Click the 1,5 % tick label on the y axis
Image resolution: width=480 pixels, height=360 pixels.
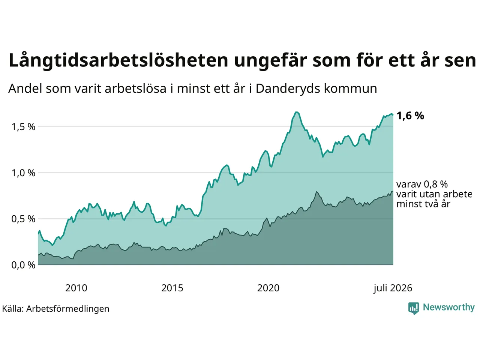(23, 127)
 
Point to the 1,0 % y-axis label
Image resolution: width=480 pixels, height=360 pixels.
(23, 173)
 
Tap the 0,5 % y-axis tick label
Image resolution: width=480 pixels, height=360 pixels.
(23, 219)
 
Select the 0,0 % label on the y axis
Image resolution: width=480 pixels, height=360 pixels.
(23, 265)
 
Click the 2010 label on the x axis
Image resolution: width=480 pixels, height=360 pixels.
(76, 288)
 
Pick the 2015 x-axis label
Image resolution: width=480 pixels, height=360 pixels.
(172, 288)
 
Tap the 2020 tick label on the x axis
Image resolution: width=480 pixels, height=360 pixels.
(268, 288)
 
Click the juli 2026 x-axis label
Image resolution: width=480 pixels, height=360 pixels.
(393, 288)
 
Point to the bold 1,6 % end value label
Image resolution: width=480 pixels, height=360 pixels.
(410, 115)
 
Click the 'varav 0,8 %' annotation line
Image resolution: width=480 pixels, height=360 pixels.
(422, 184)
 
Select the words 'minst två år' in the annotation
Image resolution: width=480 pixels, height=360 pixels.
(423, 204)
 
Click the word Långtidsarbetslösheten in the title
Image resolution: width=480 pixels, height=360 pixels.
(118, 60)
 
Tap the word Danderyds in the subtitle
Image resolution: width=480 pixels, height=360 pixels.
(288, 89)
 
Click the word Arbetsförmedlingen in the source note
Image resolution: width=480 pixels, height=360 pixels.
(68, 309)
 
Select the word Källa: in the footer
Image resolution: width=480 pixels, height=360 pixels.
(13, 309)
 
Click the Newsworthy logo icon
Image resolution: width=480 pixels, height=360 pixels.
(413, 308)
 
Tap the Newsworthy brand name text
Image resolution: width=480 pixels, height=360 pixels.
(449, 307)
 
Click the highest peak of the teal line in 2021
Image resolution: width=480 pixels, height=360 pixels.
(297, 112)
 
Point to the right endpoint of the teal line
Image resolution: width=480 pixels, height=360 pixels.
(393, 115)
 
